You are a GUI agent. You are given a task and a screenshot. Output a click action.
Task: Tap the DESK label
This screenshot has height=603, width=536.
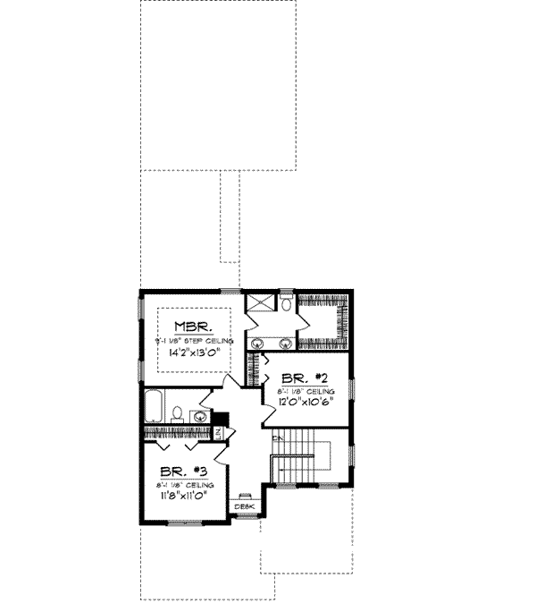pyautogui.click(x=244, y=508)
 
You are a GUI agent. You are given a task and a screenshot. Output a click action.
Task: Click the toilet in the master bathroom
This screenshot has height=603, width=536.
pyautogui.click(x=284, y=306)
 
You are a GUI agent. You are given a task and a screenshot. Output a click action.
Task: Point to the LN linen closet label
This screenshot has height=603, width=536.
pyautogui.click(x=218, y=433)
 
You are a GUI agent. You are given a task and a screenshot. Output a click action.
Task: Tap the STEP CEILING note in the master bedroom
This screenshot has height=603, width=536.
pyautogui.click(x=194, y=341)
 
